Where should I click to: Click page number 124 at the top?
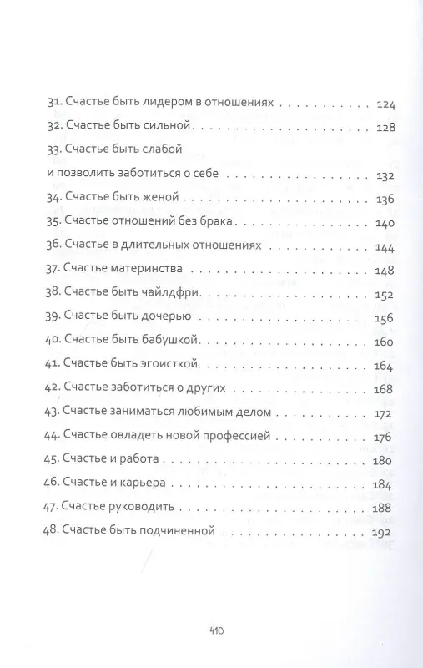387,106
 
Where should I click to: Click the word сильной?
169,129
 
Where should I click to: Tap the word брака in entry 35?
219,224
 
